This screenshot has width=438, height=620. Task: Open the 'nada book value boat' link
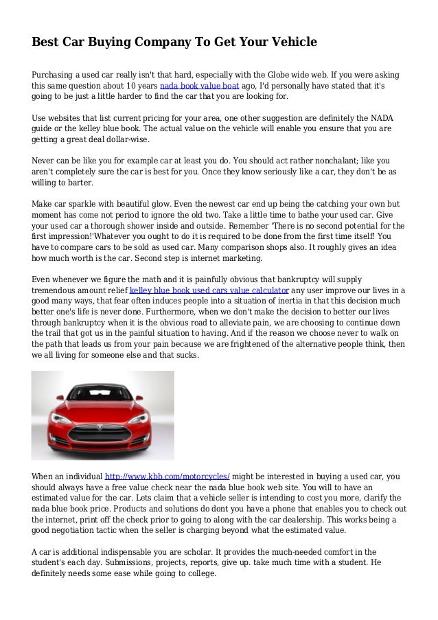point(199,87)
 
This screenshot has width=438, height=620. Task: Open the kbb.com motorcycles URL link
point(167,475)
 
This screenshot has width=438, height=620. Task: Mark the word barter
point(78,184)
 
